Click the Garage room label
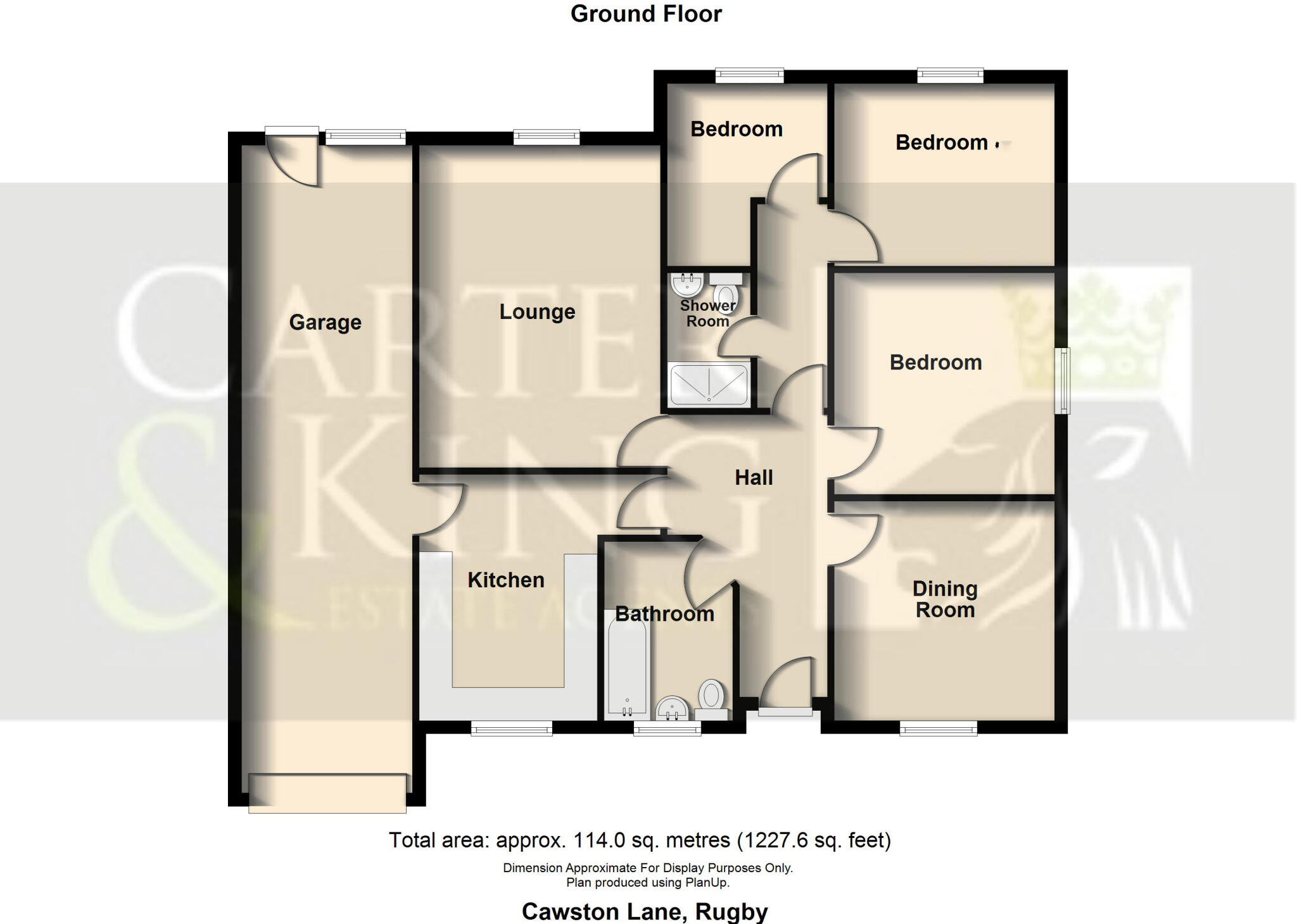point(325,322)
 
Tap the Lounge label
point(537,311)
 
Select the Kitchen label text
point(505,580)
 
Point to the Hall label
point(754,477)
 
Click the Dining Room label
point(945,599)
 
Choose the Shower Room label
point(707,313)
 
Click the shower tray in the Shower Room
point(709,384)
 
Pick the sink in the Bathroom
point(671,708)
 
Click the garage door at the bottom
point(327,793)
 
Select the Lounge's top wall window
point(547,136)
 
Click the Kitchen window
point(512,730)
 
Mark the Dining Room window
point(939,730)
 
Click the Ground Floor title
point(646,14)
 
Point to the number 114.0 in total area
point(598,840)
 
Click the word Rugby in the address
point(731,911)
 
